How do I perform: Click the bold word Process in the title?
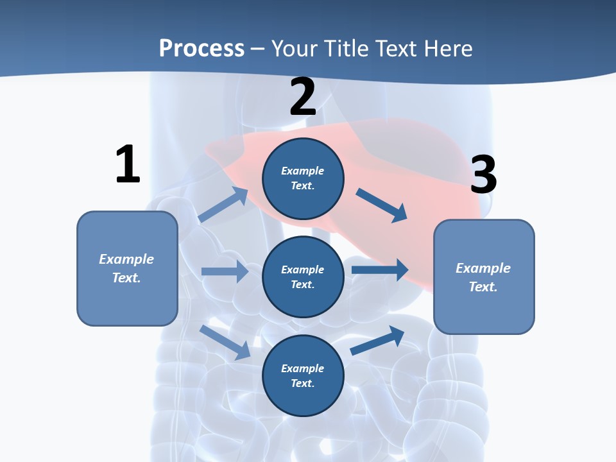click(201, 49)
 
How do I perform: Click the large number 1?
click(128, 165)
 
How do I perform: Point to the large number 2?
click(303, 98)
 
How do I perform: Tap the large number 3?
click(483, 175)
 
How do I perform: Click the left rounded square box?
click(127, 268)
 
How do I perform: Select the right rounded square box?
click(484, 277)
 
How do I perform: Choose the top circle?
click(303, 178)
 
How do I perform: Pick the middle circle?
click(303, 277)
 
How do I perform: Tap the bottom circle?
click(303, 376)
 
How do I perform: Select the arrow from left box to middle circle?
click(225, 271)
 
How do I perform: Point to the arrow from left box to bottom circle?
click(225, 342)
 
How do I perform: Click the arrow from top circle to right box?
click(382, 205)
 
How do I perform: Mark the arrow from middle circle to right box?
click(379, 269)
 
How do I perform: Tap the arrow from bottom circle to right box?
click(377, 340)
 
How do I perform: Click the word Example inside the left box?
click(126, 259)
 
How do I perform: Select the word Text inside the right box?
click(482, 287)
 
